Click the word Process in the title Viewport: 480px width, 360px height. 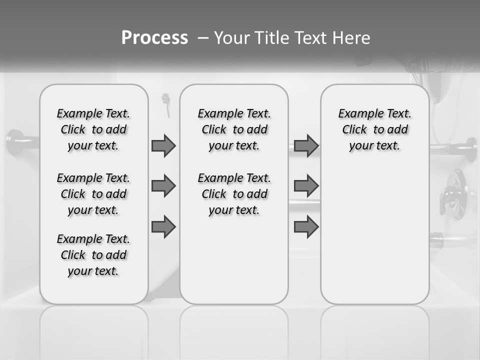[154, 38]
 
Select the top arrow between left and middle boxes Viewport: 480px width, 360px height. [163, 145]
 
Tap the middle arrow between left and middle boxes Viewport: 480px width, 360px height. [163, 186]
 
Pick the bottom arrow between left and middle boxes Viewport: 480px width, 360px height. [163, 227]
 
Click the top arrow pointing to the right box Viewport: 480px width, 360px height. [306, 145]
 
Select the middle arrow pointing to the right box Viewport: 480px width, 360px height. [306, 186]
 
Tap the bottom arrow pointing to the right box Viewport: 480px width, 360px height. [306, 227]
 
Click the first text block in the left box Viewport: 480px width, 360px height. [93, 129]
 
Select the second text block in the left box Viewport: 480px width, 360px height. [93, 194]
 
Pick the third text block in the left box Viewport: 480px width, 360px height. [93, 255]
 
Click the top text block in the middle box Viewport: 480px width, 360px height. [234, 129]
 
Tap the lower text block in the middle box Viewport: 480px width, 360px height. [234, 194]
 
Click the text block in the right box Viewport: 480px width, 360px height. [374, 129]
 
